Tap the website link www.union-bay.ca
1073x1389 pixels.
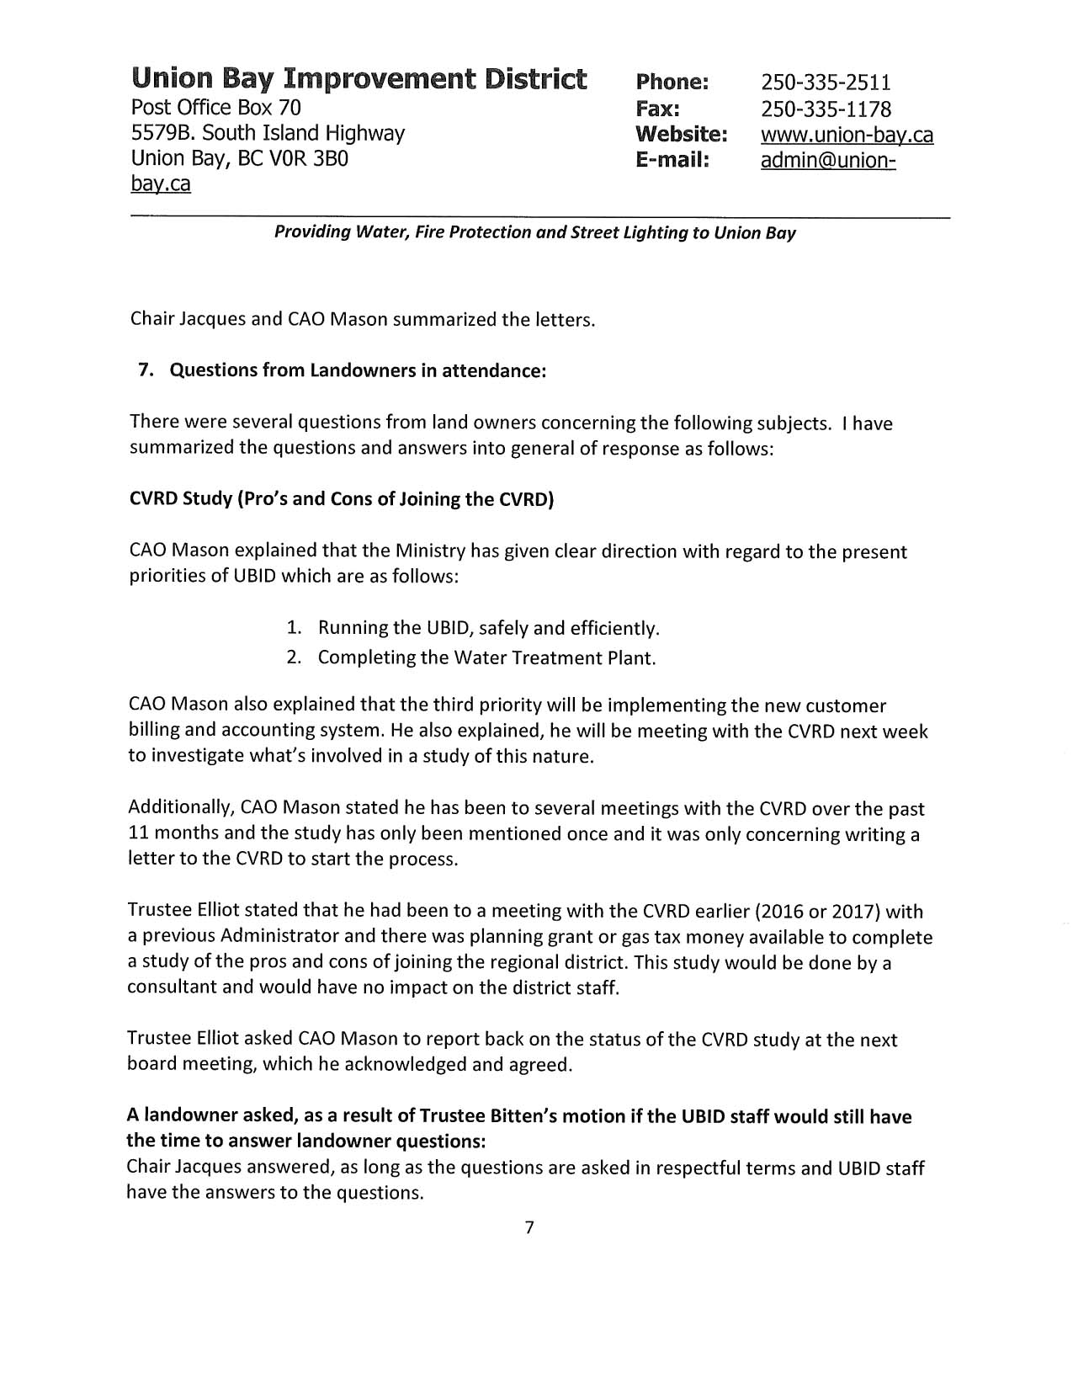[x=847, y=135]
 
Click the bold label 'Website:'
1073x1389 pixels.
[x=681, y=134]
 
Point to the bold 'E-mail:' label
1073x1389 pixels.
[x=672, y=160]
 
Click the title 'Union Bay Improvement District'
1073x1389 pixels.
[x=359, y=79]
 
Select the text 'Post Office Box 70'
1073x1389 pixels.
[x=215, y=107]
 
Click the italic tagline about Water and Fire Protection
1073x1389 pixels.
[x=534, y=232]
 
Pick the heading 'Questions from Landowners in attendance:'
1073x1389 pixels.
[x=358, y=370]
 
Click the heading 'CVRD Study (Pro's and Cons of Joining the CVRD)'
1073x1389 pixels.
[x=341, y=498]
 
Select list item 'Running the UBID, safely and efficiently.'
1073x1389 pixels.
[x=488, y=628]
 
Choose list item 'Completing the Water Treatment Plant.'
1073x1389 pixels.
[x=486, y=657]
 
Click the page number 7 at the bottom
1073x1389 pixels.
[x=529, y=1227]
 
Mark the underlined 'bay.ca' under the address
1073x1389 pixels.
[x=160, y=184]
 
